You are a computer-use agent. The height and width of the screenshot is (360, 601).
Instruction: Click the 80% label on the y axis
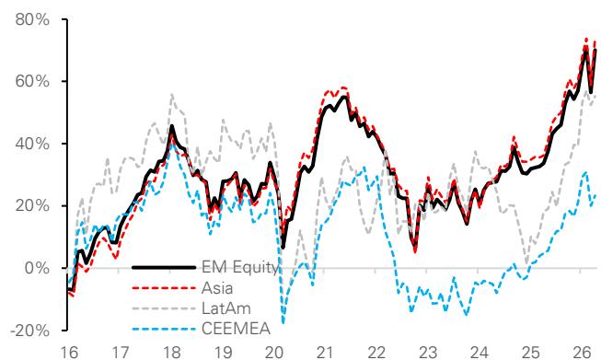[32, 19]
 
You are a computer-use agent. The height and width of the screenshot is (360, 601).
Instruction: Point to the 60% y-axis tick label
[32, 82]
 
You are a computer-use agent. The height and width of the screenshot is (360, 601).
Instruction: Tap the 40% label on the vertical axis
[32, 145]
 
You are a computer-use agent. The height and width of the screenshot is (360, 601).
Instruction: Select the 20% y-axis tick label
[32, 206]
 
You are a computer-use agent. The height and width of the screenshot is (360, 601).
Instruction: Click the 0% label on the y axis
[38, 268]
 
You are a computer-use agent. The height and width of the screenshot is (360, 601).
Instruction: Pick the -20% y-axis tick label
[29, 331]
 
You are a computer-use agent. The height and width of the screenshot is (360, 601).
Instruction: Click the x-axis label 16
[69, 352]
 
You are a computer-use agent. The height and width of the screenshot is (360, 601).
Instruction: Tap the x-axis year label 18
[172, 352]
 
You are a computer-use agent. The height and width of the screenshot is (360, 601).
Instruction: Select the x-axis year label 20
[274, 352]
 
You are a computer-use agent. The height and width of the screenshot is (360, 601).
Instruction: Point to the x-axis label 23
[427, 352]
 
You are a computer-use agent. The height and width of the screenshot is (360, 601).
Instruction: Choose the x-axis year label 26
[581, 352]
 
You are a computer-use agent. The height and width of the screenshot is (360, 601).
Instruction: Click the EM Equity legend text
[240, 267]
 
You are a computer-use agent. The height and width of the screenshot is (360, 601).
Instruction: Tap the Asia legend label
[217, 288]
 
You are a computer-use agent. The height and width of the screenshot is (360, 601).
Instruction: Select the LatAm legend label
[226, 308]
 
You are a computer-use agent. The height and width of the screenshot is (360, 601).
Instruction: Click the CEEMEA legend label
[237, 329]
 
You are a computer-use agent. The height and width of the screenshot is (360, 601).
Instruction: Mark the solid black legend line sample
[164, 267]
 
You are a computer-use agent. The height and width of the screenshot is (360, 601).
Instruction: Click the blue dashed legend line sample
[164, 329]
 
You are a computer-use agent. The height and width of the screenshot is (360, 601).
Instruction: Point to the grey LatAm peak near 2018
[172, 94]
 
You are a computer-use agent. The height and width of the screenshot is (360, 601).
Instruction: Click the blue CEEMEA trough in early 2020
[283, 323]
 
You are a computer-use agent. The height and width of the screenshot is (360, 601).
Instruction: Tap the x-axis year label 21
[326, 352]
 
